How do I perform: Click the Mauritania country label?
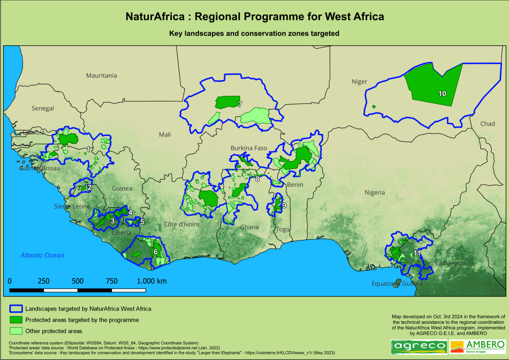[101, 75]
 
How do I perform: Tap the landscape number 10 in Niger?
[442, 93]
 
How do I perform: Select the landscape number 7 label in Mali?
[240, 104]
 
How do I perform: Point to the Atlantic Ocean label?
[42, 255]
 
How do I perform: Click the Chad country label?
[488, 124]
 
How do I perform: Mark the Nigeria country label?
[375, 192]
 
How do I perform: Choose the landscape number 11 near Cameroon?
[417, 253]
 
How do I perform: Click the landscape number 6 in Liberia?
[155, 252]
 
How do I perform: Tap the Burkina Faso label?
[249, 148]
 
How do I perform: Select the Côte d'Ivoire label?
[182, 224]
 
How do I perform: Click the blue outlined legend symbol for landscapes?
[16, 309]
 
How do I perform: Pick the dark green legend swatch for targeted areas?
[16, 320]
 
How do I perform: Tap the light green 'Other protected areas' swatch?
[16, 331]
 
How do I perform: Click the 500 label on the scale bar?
[78, 281]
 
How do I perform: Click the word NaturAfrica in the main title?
[156, 17]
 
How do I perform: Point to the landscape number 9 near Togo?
[283, 205]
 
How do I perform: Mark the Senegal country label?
[43, 108]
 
